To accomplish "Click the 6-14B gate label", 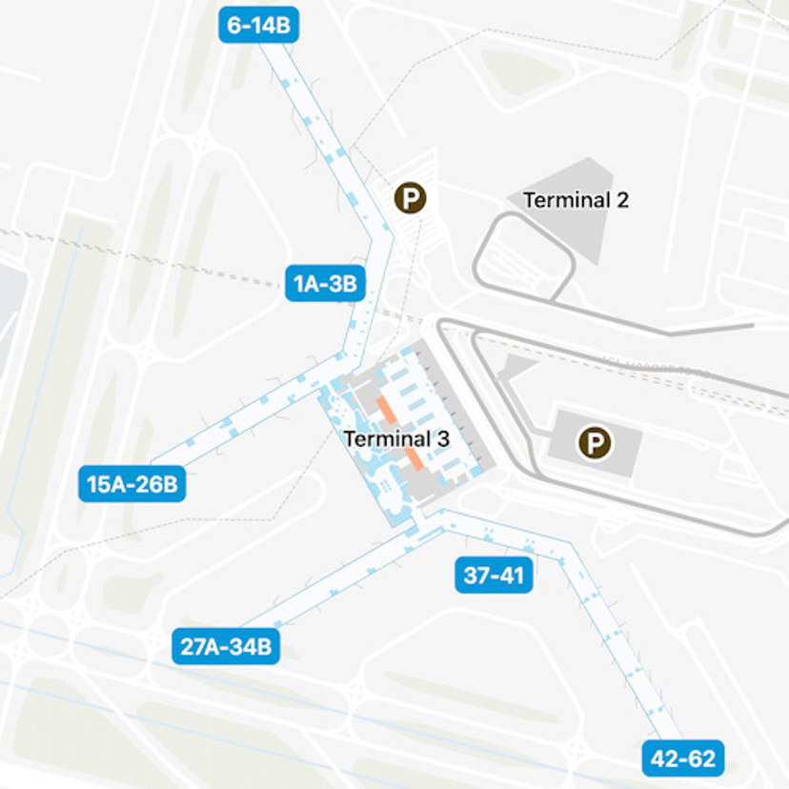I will click(258, 25).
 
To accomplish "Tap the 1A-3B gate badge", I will click(325, 283).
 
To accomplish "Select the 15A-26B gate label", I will click(131, 484).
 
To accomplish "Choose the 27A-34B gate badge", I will click(226, 647).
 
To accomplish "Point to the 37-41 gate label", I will click(493, 576).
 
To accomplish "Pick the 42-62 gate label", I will click(682, 759).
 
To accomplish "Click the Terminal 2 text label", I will click(576, 200).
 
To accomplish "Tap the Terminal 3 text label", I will click(395, 439).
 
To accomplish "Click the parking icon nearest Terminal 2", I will click(411, 198).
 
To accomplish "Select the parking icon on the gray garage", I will click(597, 442).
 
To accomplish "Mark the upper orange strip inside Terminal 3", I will click(385, 409).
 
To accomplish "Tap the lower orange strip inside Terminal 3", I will click(416, 459).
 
